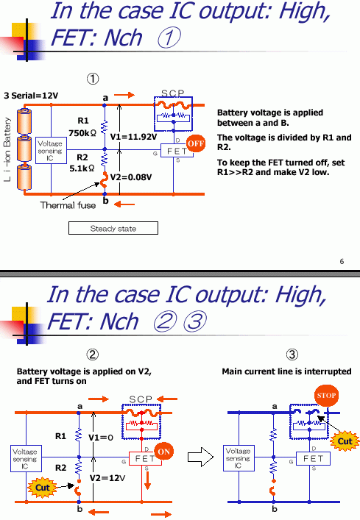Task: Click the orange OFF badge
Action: point(195,144)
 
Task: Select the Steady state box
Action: point(113,229)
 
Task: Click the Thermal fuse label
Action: point(68,206)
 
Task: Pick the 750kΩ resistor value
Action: point(83,132)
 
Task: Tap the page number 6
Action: point(342,262)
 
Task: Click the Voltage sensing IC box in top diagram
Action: point(50,151)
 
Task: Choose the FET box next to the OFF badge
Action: point(176,151)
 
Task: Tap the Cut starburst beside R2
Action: point(43,487)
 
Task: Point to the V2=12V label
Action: point(113,478)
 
